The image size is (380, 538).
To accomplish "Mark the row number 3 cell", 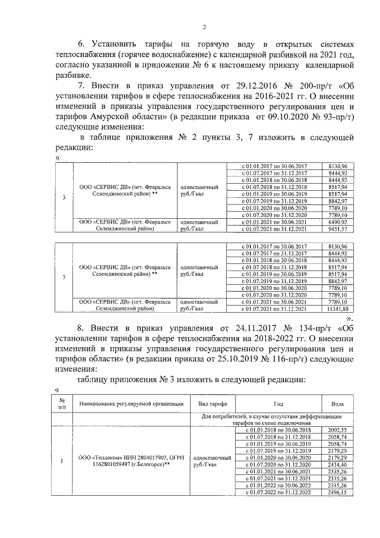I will (64, 197).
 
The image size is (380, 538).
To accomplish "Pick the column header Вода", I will (337, 404).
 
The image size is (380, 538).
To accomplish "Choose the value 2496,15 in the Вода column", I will (337, 492).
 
